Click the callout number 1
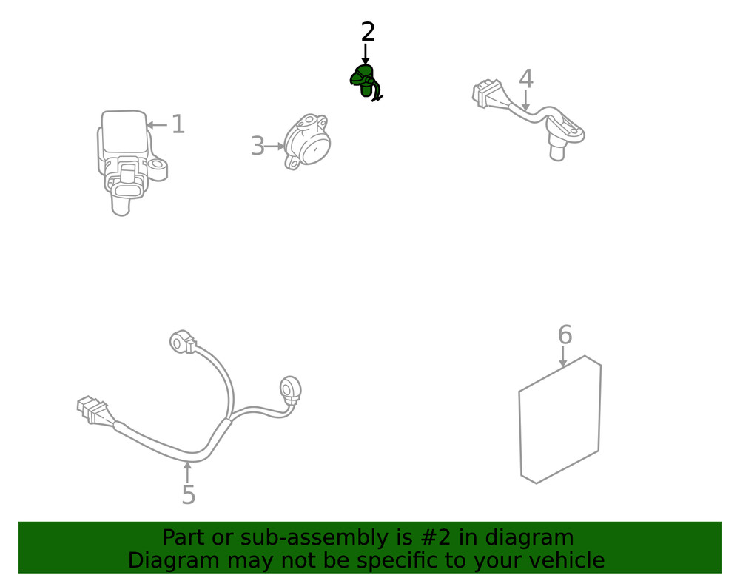(x=178, y=124)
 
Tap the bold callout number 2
(x=368, y=32)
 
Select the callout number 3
(x=258, y=146)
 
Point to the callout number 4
(x=526, y=78)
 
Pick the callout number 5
(x=188, y=494)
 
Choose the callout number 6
(x=565, y=335)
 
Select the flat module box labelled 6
(x=560, y=420)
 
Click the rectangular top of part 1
(x=124, y=132)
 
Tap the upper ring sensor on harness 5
(x=182, y=341)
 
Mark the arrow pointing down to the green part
(x=366, y=54)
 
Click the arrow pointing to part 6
(x=562, y=357)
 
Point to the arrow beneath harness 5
(x=188, y=472)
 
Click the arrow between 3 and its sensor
(x=275, y=147)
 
